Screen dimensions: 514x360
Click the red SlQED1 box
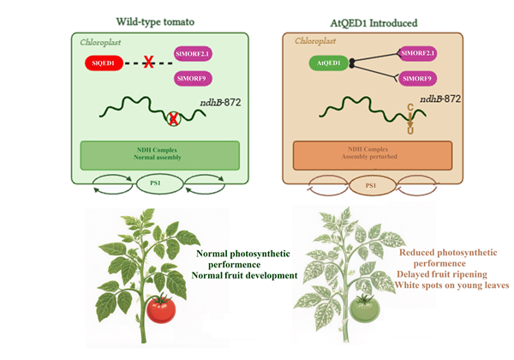(x=104, y=63)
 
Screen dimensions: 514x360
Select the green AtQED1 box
(x=328, y=63)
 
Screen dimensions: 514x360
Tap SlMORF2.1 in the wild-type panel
(x=193, y=54)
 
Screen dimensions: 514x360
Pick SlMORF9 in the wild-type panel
(x=193, y=79)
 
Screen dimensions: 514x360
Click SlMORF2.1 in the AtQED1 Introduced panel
(x=417, y=53)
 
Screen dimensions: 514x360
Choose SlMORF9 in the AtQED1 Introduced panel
(x=417, y=79)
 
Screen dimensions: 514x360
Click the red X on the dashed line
(x=148, y=62)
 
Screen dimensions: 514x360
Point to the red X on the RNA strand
(x=173, y=118)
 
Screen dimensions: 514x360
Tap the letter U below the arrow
(x=410, y=131)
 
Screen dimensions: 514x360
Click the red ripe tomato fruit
(x=161, y=309)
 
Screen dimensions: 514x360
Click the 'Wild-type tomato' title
(x=155, y=22)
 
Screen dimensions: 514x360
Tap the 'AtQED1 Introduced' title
(x=374, y=23)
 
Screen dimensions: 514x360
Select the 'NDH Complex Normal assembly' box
(x=160, y=155)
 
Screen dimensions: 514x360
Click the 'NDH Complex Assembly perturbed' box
(x=373, y=155)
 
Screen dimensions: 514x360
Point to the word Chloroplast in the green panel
(x=100, y=43)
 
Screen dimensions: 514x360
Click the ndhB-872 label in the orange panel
(x=440, y=99)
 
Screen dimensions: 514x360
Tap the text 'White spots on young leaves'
(x=451, y=285)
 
